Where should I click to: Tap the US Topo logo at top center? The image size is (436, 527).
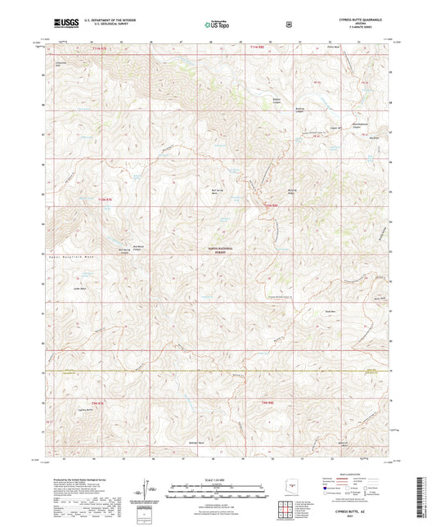click(217, 25)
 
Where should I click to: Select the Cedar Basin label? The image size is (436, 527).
click(80, 288)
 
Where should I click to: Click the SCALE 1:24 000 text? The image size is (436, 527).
click(217, 480)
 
